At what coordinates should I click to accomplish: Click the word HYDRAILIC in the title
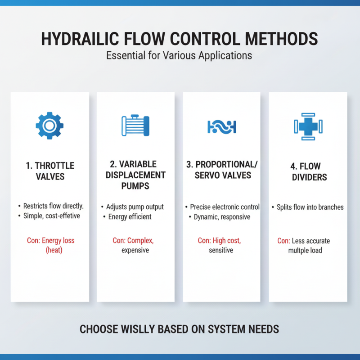click(x=82, y=39)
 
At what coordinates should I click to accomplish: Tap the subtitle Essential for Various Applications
click(x=179, y=57)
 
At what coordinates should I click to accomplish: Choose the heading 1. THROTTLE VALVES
click(x=50, y=171)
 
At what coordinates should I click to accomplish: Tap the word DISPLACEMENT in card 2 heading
click(x=135, y=175)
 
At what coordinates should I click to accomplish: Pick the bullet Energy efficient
click(x=130, y=216)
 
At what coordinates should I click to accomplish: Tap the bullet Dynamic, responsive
click(x=220, y=216)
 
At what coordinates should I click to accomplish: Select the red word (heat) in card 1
click(x=54, y=250)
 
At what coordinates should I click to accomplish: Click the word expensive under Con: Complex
click(x=135, y=250)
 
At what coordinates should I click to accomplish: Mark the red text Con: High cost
click(x=220, y=241)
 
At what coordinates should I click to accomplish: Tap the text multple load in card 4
click(x=305, y=250)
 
